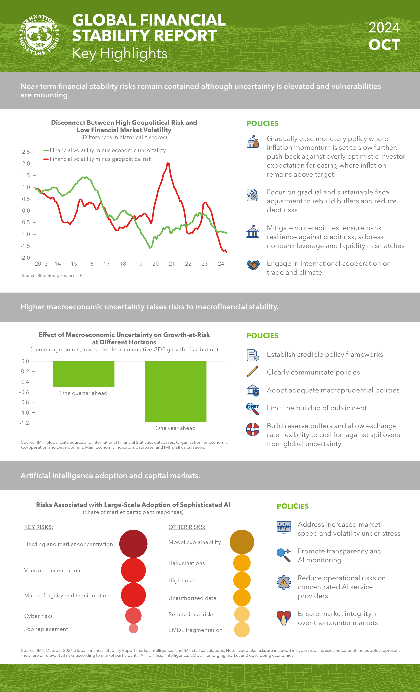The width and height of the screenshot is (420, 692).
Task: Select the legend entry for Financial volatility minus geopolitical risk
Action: [100, 159]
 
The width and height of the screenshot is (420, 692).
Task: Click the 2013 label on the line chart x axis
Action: [41, 264]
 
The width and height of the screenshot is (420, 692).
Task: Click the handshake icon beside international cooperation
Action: [253, 265]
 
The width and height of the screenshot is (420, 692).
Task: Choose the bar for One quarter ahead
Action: [83, 374]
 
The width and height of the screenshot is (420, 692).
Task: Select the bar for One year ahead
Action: [175, 391]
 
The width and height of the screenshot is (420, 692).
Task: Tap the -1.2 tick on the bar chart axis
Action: [24, 423]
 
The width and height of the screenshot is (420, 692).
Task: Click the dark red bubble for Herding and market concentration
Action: [133, 544]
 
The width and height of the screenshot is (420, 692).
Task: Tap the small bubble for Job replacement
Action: [133, 629]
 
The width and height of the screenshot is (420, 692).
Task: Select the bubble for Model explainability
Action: [242, 542]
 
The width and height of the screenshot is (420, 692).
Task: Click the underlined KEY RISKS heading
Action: [39, 527]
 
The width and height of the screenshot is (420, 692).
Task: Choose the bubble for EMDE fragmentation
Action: [242, 630]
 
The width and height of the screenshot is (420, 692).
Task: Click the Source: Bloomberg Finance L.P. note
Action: [52, 275]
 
